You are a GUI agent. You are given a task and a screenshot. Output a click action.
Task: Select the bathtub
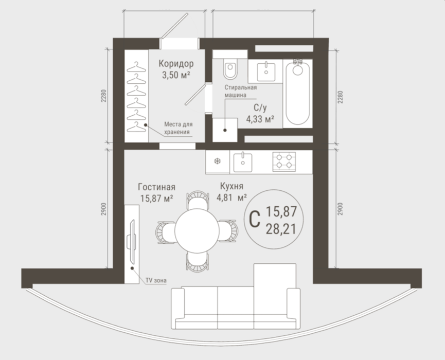pyautogui.click(x=297, y=93)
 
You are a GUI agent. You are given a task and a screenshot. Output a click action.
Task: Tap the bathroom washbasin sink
pyautogui.click(x=266, y=72)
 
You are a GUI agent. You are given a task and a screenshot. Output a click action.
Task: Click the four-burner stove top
pyautogui.click(x=284, y=161)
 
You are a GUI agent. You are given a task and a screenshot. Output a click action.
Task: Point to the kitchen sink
pyautogui.click(x=243, y=163)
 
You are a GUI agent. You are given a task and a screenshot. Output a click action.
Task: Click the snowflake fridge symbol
pyautogui.click(x=218, y=161)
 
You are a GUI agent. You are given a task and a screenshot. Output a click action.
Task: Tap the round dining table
pyautogui.click(x=197, y=230)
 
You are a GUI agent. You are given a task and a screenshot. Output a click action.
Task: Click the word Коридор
pyautogui.click(x=176, y=64)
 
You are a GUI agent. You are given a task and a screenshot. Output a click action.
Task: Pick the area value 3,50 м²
pyautogui.click(x=176, y=75)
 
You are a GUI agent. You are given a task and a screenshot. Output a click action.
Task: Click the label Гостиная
pyautogui.click(x=157, y=187)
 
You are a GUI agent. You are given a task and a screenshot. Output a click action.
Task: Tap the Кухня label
pyautogui.click(x=232, y=186)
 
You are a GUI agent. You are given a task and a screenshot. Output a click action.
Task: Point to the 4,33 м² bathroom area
pyautogui.click(x=260, y=119)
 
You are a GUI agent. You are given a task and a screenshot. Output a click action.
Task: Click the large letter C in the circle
pyautogui.click(x=255, y=219)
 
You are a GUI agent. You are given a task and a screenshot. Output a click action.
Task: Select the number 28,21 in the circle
pyautogui.click(x=281, y=229)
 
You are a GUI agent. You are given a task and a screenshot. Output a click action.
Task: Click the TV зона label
pyautogui.click(x=156, y=281)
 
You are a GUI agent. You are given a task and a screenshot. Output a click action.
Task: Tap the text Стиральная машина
pyautogui.click(x=241, y=92)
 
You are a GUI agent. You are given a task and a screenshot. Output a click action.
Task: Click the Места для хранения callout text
pyautogui.click(x=178, y=128)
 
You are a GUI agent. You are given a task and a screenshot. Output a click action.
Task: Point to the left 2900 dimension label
pyautogui.click(x=104, y=209)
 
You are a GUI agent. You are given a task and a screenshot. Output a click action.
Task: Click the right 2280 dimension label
pyautogui.click(x=340, y=97)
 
